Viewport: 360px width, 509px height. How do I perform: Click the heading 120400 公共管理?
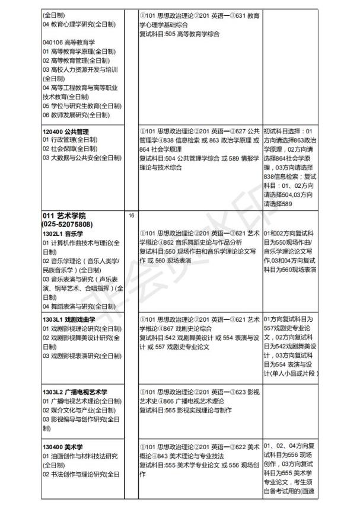[x=69, y=131]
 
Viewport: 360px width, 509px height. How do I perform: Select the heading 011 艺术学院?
[x=64, y=215]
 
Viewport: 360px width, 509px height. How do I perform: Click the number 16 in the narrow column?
[x=131, y=215]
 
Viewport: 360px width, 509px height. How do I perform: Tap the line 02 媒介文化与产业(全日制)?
[x=78, y=410]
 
